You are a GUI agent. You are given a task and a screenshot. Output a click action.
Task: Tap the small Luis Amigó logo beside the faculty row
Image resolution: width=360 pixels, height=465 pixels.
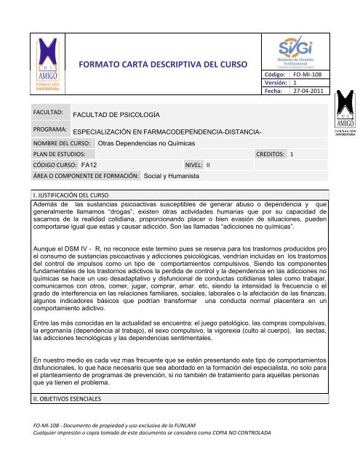345,123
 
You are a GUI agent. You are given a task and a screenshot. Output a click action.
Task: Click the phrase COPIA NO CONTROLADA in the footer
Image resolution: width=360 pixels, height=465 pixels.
242,454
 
